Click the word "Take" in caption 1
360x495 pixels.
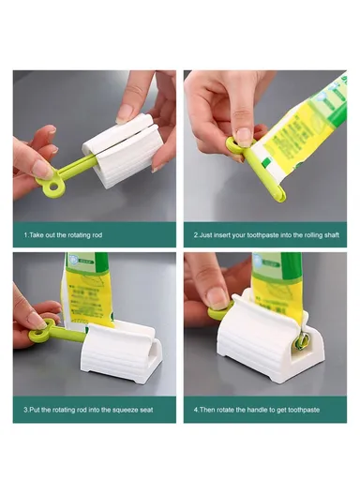(x=37, y=235)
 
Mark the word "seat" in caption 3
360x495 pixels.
(x=146, y=410)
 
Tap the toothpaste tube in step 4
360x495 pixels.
(x=291, y=281)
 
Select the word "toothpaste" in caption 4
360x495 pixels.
(x=310, y=410)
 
